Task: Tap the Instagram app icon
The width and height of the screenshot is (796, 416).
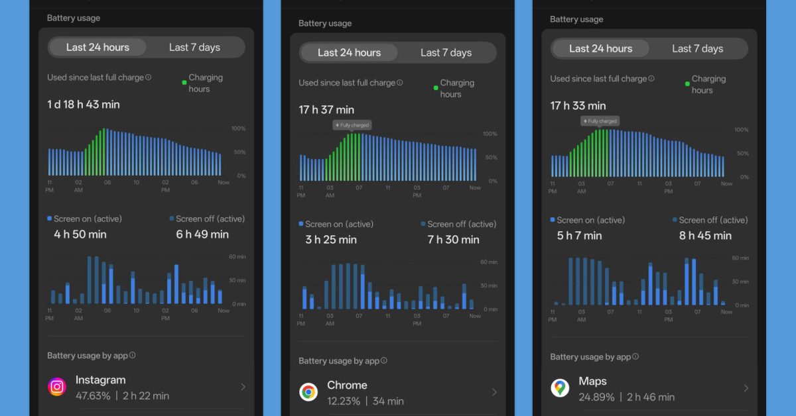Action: coord(58,387)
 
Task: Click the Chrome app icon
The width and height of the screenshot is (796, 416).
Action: coord(308,392)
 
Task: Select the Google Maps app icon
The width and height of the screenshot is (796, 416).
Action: coord(560,388)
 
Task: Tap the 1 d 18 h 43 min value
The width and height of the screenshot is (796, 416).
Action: coord(84,104)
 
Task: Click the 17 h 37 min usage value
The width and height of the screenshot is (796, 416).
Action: coord(326,109)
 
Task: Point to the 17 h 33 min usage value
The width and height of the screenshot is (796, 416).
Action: coord(578,105)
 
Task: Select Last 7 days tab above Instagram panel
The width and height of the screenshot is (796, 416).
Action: coord(194,47)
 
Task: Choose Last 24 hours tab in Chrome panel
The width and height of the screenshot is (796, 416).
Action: coord(349,52)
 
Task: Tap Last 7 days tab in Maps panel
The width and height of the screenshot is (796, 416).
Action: coord(697,48)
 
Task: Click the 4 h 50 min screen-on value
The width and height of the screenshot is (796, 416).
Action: coord(80,234)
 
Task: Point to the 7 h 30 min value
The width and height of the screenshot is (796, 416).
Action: coord(454,239)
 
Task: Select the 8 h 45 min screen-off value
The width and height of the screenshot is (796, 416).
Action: coord(705,235)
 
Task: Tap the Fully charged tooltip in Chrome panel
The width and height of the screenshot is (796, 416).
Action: coord(352,125)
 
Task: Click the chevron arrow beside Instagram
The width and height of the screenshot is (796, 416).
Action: coord(243,387)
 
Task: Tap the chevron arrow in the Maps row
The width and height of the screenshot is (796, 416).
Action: coord(746,388)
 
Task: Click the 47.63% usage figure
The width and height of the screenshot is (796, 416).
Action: coord(93,395)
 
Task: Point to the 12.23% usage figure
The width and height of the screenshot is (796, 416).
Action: coord(344,401)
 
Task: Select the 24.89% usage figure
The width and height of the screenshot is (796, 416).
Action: coord(596,397)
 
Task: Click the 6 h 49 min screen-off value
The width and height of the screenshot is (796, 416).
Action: coord(202,234)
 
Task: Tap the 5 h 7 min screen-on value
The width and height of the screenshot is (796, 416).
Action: coord(580,235)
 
